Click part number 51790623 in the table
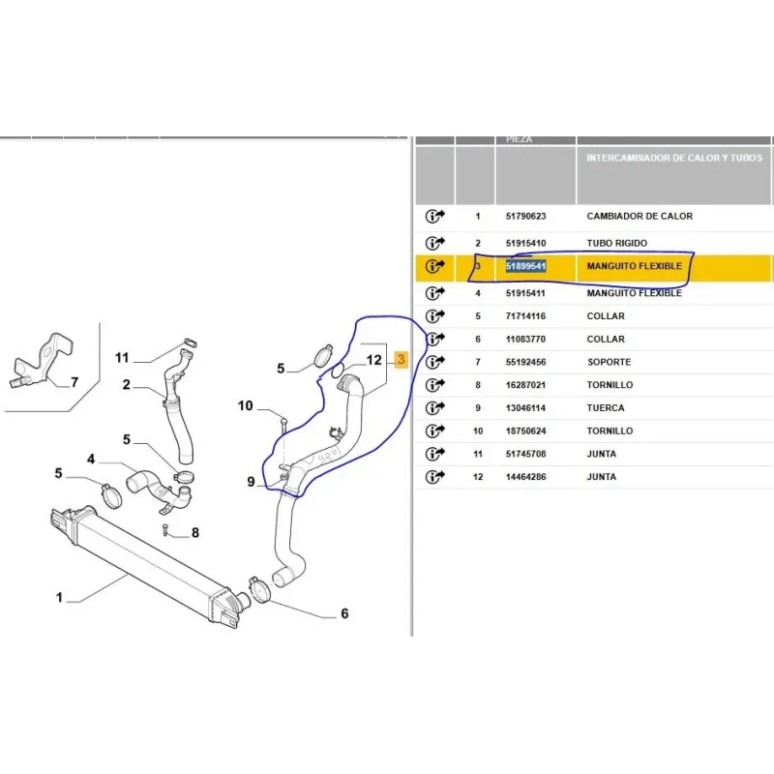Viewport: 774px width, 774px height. [525, 216]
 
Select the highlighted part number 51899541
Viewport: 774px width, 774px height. [525, 267]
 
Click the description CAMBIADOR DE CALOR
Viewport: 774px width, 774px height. [640, 216]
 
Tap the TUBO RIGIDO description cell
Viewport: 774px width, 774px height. [616, 244]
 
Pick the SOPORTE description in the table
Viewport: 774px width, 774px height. [609, 362]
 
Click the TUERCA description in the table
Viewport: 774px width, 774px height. [606, 408]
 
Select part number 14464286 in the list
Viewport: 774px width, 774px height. [525, 477]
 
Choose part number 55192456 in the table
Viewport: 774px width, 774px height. [525, 362]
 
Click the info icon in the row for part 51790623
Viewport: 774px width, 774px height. [434, 216]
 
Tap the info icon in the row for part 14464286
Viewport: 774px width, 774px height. [434, 477]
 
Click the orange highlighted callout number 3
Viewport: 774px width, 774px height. [401, 359]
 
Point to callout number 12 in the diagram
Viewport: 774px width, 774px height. [374, 360]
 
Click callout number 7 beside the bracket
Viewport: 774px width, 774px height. [74, 382]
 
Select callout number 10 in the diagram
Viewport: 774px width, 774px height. [246, 405]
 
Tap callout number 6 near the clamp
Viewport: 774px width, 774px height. [344, 613]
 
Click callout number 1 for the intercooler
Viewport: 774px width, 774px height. [59, 598]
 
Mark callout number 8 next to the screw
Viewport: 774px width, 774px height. [195, 533]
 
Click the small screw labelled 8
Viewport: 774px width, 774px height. [164, 528]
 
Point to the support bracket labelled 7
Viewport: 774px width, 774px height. [42, 359]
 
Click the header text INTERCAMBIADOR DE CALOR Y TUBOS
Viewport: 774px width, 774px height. [674, 158]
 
